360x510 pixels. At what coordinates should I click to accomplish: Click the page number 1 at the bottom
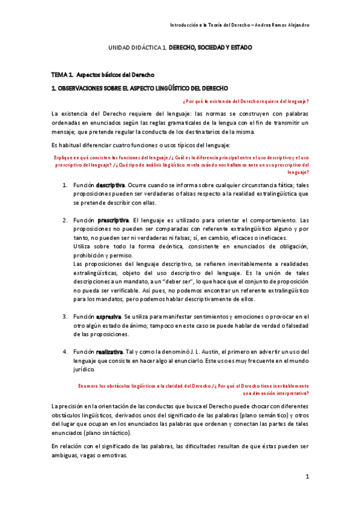click(x=307, y=477)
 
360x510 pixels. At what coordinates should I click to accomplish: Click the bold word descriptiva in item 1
click(x=111, y=185)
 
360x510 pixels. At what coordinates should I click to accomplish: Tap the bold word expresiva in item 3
click(x=109, y=316)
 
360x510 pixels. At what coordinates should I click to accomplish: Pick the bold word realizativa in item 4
click(x=111, y=351)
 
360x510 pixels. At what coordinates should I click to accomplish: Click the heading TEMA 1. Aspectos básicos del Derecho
click(x=103, y=75)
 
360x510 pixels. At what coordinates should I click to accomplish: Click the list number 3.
click(x=65, y=316)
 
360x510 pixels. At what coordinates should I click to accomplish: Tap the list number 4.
click(x=65, y=351)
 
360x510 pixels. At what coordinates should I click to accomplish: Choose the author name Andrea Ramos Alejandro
click(x=284, y=25)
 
